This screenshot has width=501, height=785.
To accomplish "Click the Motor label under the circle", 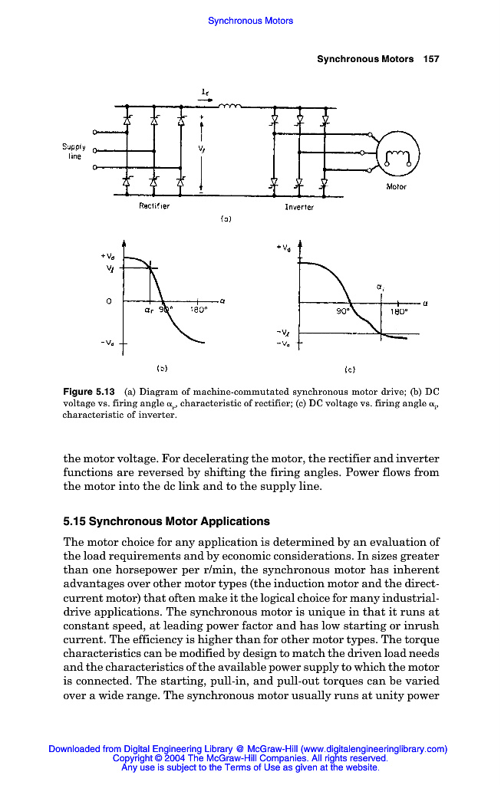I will (x=396, y=186).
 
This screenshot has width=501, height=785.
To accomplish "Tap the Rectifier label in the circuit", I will (x=154, y=205).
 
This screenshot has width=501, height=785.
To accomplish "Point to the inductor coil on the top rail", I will (x=229, y=107).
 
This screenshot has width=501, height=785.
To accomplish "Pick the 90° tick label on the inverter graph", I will (x=342, y=312).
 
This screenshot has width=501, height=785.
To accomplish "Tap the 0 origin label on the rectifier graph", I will (x=110, y=301).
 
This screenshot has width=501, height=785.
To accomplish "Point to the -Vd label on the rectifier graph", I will (x=107, y=342).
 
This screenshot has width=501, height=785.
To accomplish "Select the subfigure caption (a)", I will (x=226, y=218).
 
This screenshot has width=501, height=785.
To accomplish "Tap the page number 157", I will (x=430, y=59).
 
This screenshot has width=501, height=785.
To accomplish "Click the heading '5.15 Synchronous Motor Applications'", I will (x=166, y=521).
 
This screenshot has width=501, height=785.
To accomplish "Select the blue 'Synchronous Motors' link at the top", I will (x=250, y=21).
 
